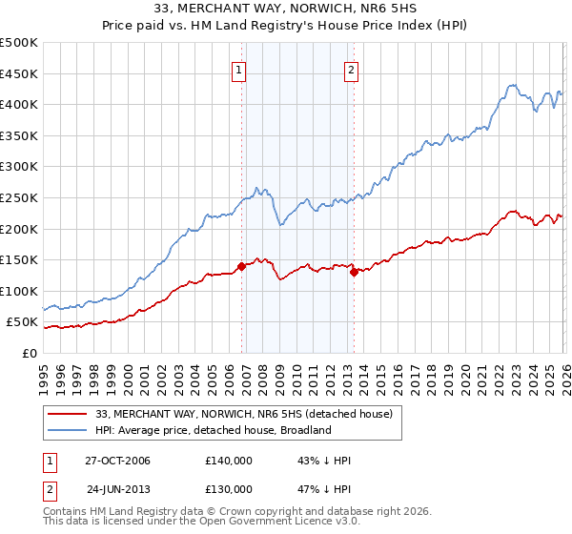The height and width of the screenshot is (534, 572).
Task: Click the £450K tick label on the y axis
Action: [x=19, y=73]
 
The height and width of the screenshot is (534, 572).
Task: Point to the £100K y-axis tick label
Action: [x=19, y=291]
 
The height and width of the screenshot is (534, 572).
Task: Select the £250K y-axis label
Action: [x=19, y=198]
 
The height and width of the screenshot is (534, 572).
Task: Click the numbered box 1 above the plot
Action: [x=238, y=68]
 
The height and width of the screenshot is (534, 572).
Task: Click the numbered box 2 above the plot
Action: [x=352, y=68]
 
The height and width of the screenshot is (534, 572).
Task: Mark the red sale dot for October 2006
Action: [x=242, y=266]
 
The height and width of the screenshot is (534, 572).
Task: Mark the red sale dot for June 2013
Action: [x=354, y=272]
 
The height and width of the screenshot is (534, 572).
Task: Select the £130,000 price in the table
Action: [x=228, y=489]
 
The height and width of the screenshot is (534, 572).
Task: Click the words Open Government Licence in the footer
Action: [x=268, y=524]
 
